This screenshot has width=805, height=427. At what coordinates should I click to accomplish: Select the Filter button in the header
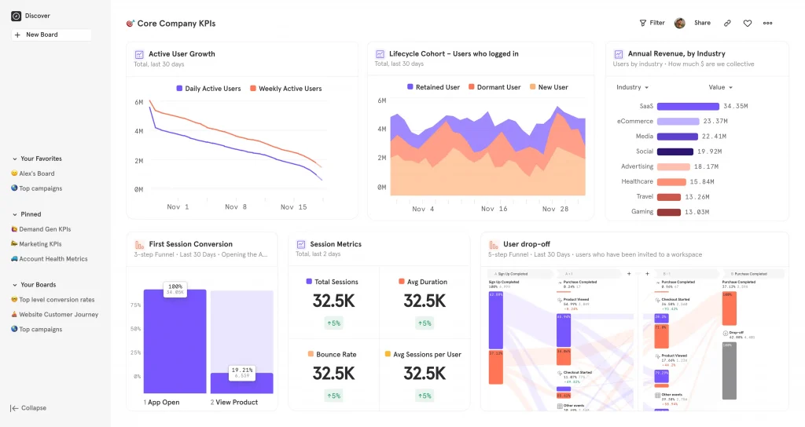coord(652,23)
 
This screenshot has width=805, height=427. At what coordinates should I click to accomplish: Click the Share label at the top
coord(702,23)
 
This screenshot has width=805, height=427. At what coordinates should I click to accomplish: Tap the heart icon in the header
coord(748,24)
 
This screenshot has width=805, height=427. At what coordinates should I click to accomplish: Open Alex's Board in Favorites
coord(37,173)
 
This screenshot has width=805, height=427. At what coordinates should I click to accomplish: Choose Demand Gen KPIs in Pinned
coord(45,229)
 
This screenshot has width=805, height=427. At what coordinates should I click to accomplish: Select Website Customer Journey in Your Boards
coord(58,315)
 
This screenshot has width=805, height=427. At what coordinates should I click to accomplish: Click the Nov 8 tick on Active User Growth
coord(236,207)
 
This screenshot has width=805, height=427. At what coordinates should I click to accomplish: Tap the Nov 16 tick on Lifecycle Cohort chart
coord(494,209)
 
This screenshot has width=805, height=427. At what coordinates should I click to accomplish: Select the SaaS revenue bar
coord(688,106)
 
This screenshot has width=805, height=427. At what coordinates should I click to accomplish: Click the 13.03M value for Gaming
coord(697,212)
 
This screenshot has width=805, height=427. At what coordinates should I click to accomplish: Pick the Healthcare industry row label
coord(637,181)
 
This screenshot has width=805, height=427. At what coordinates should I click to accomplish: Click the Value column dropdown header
coord(720,87)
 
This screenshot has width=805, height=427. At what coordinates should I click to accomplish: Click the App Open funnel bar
coord(175,341)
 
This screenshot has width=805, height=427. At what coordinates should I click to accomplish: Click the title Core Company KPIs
coord(176,24)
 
